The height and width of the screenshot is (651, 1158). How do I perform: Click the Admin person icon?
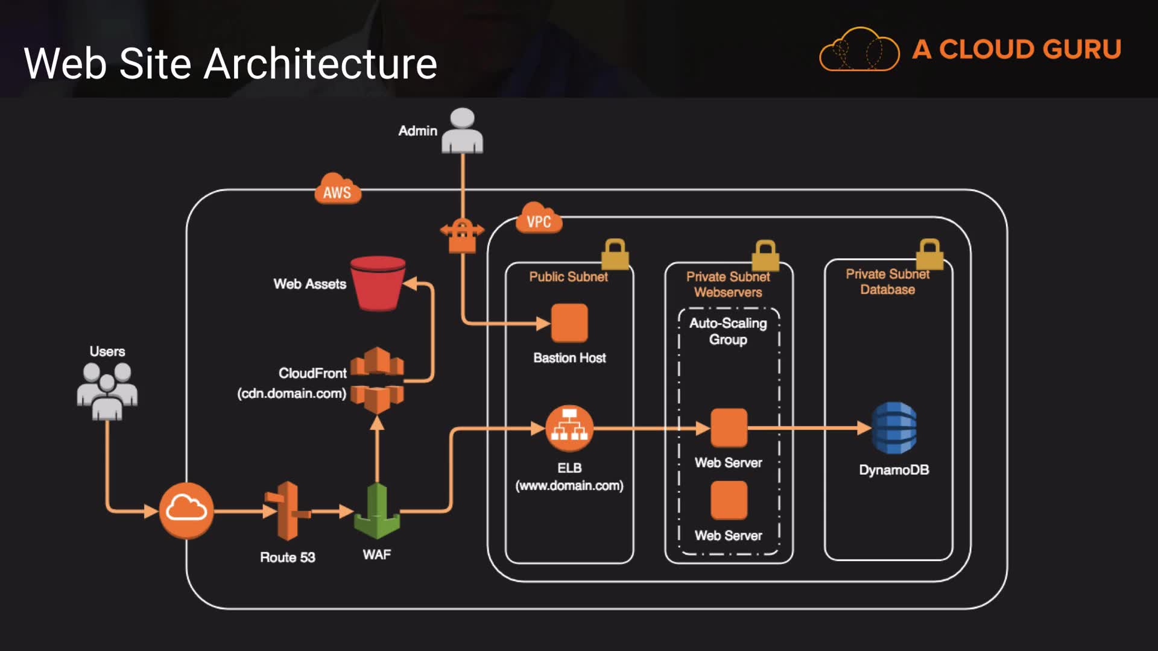[462, 131]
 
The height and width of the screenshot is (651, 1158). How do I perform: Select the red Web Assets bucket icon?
[378, 283]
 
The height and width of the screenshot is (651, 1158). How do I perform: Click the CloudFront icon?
[377, 380]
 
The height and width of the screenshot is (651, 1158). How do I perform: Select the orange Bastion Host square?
[569, 323]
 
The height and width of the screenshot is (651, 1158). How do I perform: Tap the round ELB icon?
[569, 429]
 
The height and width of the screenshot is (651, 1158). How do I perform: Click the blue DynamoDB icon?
[894, 428]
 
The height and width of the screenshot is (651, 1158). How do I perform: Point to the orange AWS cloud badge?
[337, 190]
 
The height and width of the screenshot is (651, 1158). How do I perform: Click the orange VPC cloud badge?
[539, 219]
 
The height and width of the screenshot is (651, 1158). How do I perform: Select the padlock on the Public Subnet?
[615, 254]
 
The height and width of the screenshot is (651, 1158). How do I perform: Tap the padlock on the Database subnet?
[929, 254]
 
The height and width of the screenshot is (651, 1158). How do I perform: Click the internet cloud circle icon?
[186, 510]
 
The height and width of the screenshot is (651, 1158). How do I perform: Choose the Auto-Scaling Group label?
[728, 332]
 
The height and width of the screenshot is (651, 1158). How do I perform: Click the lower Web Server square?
[729, 500]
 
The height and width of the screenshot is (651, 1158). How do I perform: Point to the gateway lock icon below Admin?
[462, 235]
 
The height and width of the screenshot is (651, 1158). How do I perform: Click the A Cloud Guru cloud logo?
[859, 49]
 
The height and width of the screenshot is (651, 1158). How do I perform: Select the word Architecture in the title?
[320, 64]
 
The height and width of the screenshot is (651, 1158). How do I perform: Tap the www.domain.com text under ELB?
[569, 486]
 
